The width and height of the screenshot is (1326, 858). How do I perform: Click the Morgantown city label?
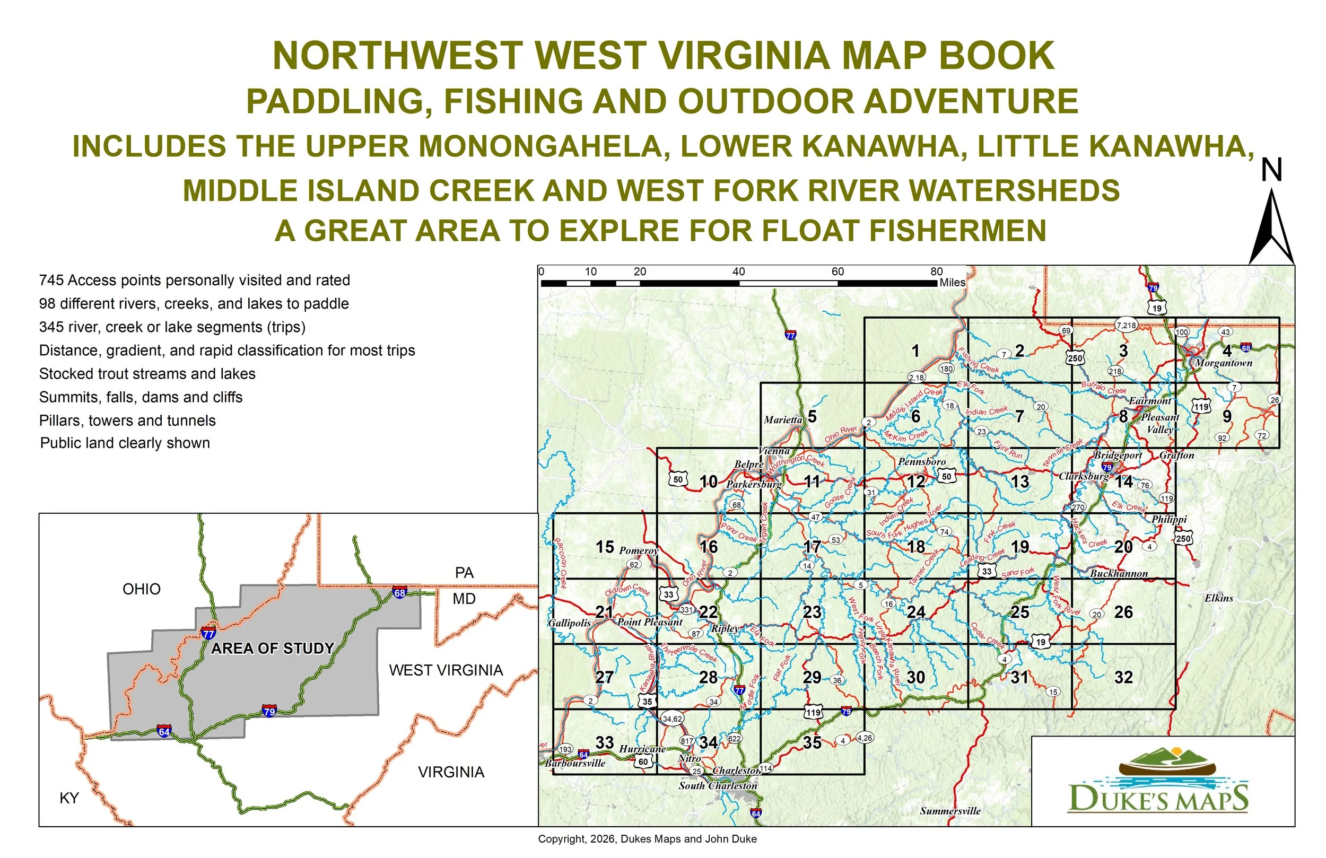click(x=1224, y=363)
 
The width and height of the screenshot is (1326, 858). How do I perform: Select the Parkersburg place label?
click(x=754, y=485)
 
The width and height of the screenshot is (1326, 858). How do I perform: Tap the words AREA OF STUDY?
click(x=273, y=649)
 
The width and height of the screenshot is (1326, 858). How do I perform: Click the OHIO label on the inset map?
click(x=142, y=589)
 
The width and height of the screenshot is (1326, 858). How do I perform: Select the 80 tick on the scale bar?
click(x=936, y=272)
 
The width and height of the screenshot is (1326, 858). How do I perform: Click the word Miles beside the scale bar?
click(x=952, y=283)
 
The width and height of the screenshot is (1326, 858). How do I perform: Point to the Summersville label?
click(x=950, y=811)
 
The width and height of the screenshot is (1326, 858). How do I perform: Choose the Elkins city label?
click(x=1218, y=598)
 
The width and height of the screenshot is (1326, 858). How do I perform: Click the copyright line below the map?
click(x=647, y=839)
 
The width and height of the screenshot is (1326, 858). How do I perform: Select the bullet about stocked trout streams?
click(x=147, y=374)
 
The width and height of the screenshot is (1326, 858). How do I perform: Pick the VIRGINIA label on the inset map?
click(x=451, y=772)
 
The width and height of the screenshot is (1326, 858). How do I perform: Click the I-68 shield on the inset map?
click(x=399, y=592)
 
